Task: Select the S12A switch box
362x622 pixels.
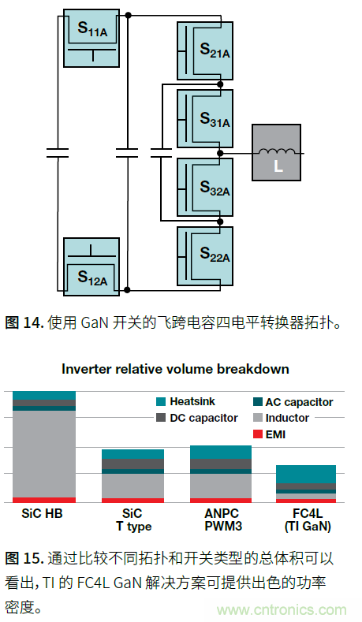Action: tap(91, 267)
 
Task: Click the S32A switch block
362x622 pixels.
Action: tap(205, 184)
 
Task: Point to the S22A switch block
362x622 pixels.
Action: tap(205, 251)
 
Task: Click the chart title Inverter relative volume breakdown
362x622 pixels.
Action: tap(175, 369)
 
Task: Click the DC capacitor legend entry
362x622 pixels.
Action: tap(196, 418)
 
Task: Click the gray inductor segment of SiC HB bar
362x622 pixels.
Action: tap(44, 453)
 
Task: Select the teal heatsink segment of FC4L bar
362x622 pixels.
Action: tap(305, 474)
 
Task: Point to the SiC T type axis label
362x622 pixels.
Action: tap(132, 520)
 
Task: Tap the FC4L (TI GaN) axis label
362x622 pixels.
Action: tap(306, 520)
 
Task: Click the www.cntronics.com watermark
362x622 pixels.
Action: tap(282, 610)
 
